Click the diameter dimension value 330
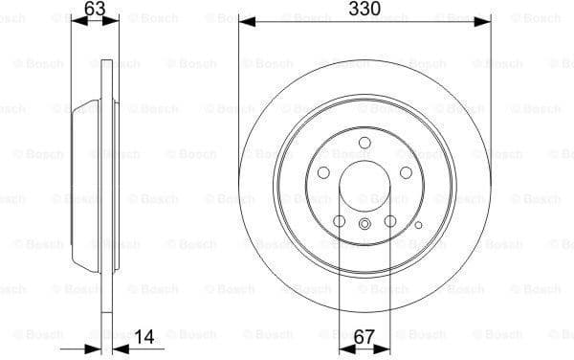pyautogui.click(x=364, y=10)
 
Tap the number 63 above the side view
pyautogui.click(x=95, y=10)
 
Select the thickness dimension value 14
pyautogui.click(x=145, y=337)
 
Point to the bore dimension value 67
pyautogui.click(x=364, y=337)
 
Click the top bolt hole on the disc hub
pyautogui.click(x=364, y=143)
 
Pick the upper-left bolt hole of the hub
pyautogui.click(x=323, y=172)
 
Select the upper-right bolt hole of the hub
pyautogui.click(x=406, y=172)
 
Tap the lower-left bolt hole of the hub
pyautogui.click(x=339, y=221)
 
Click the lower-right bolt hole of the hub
pyautogui.click(x=389, y=221)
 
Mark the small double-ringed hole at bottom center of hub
pyautogui.click(x=364, y=224)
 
